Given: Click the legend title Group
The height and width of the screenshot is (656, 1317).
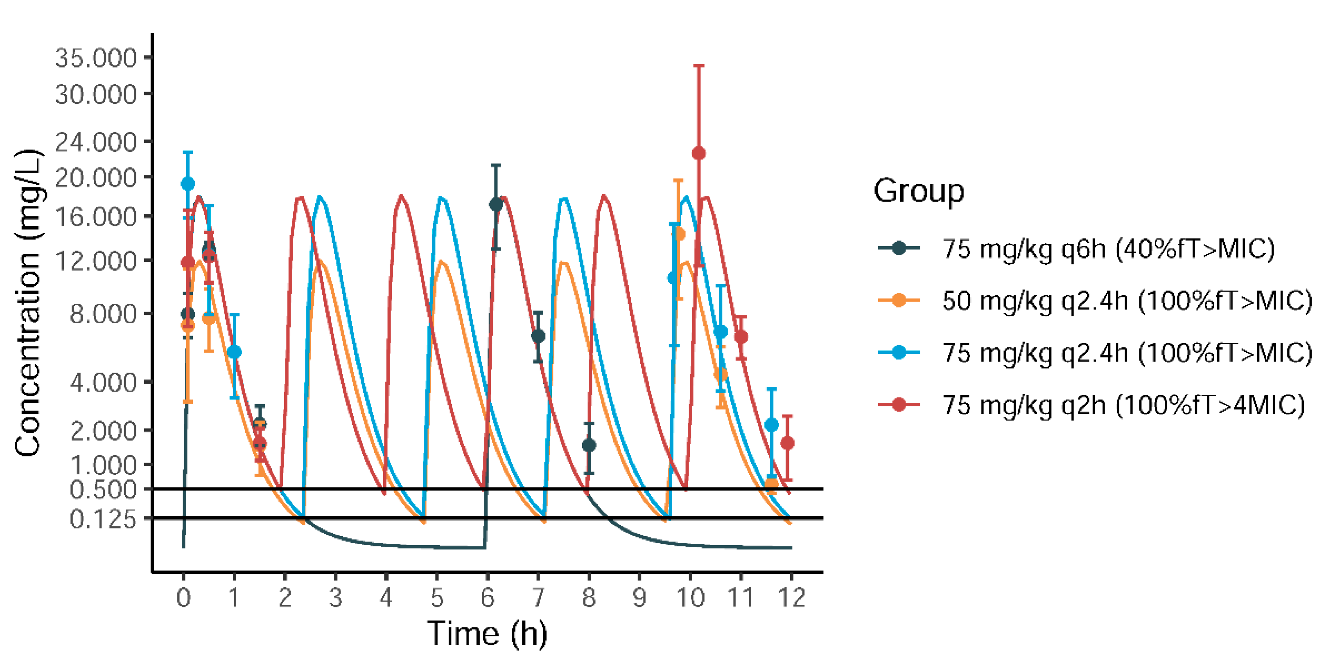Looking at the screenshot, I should (918, 191).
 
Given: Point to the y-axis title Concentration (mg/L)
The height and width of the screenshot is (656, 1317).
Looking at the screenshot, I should (28, 303).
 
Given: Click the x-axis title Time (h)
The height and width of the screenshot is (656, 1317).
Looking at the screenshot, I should (487, 634).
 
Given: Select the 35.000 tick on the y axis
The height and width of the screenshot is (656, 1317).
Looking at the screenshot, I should (96, 58).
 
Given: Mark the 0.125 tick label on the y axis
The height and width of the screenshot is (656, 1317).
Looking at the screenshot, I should (103, 519).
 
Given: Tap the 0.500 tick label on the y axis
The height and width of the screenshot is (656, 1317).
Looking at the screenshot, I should (103, 490).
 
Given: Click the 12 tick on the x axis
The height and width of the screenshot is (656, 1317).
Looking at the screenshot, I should (791, 597).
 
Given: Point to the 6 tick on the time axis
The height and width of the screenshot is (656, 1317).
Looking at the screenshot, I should (487, 597).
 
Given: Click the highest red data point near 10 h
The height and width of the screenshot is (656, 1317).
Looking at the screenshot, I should (699, 153).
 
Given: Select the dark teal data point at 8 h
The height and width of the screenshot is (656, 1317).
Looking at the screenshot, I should (589, 445).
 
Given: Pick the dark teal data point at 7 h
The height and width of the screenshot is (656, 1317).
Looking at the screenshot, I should (538, 336).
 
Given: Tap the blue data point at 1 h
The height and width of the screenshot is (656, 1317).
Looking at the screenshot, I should (234, 352).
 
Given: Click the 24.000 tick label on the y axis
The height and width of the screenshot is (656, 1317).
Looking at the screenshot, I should (96, 142).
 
